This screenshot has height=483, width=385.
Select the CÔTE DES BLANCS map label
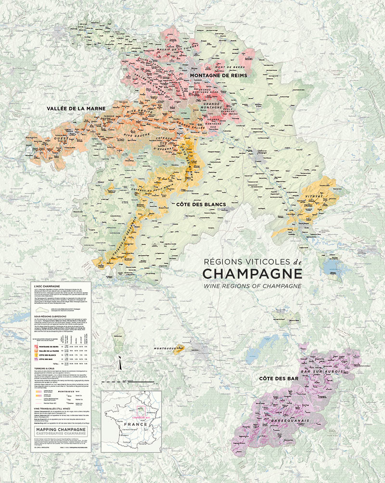pyautogui.click(x=201, y=205)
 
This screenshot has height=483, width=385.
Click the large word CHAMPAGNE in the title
pyautogui.click(x=252, y=273)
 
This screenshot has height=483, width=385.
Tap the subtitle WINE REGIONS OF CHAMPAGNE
pyautogui.click(x=252, y=285)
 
